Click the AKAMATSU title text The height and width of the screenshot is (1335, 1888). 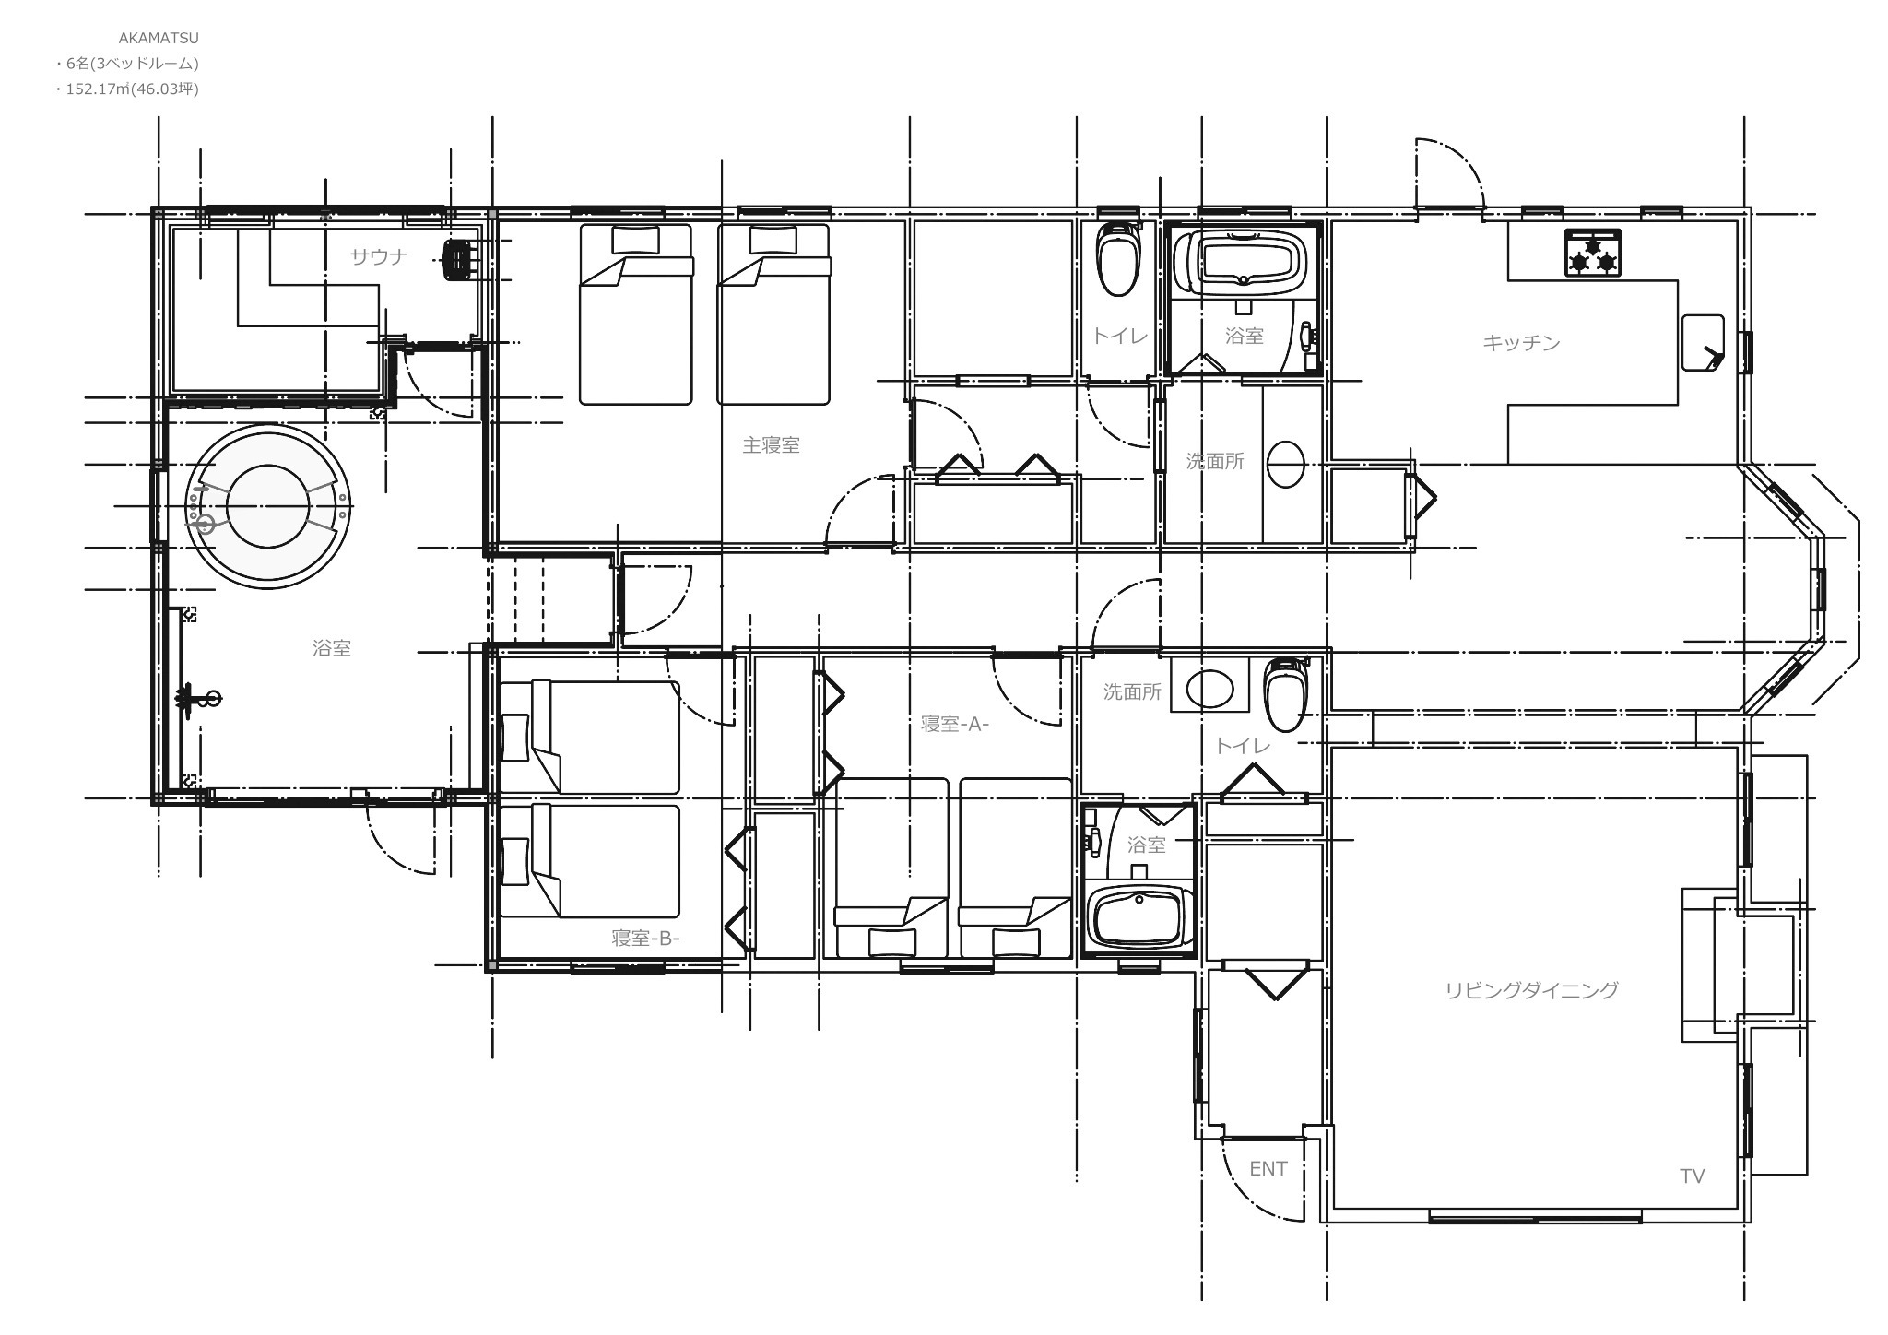[159, 39]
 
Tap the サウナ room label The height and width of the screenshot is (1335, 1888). [379, 257]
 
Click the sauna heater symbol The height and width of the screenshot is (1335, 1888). [457, 259]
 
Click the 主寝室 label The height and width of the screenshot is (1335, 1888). [772, 445]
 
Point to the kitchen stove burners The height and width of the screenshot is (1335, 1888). [1593, 254]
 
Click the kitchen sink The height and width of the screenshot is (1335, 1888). [1703, 343]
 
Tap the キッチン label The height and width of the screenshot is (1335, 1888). [1521, 343]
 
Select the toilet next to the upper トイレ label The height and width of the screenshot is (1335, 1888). [1117, 257]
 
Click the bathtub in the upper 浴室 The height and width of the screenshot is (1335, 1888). [1244, 259]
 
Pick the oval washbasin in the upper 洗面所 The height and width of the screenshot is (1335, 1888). [1285, 465]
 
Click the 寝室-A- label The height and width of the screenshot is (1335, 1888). [955, 724]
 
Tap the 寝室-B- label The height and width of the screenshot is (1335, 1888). [645, 939]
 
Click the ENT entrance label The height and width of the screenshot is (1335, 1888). [1268, 1169]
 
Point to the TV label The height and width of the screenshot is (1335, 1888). [1693, 1176]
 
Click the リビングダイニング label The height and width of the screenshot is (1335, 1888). [1531, 990]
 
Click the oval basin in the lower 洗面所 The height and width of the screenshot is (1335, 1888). [1209, 688]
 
